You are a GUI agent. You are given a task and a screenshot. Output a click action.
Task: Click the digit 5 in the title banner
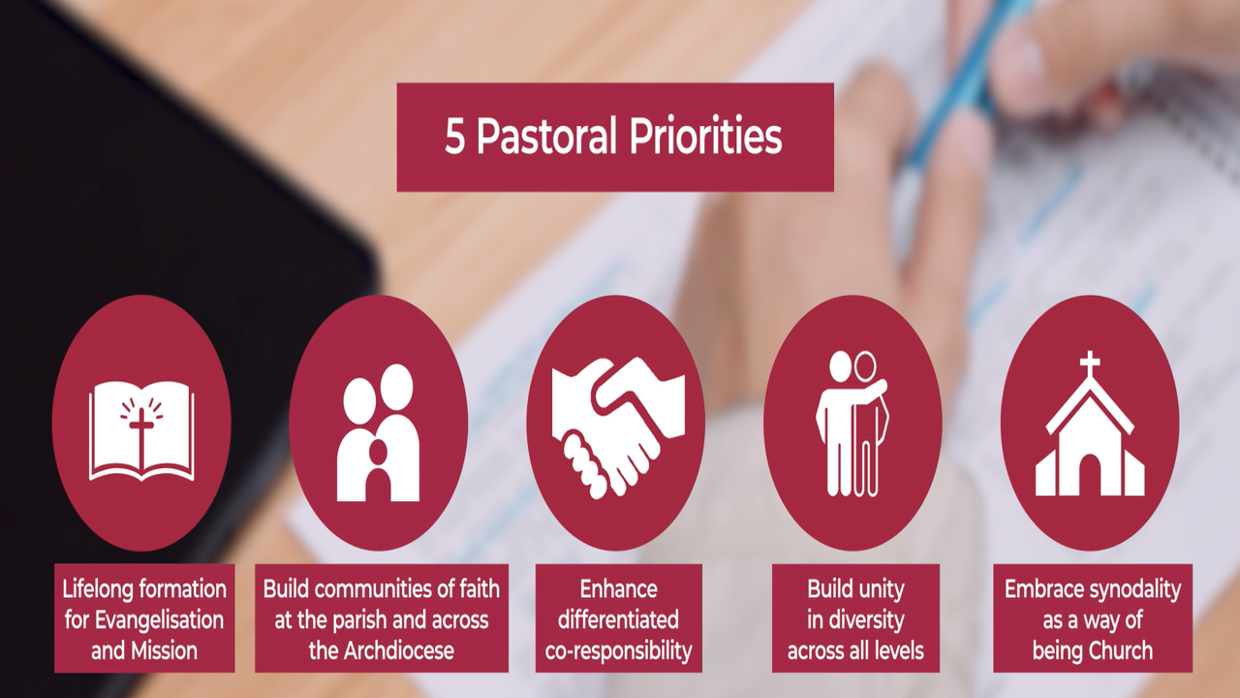454,139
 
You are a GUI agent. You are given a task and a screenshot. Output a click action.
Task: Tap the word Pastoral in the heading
546,137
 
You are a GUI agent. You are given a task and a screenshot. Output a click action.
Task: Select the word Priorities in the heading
704,137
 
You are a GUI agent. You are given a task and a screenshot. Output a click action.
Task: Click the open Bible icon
141,430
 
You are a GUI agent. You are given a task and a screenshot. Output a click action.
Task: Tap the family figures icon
379,432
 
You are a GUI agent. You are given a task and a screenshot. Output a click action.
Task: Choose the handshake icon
618,428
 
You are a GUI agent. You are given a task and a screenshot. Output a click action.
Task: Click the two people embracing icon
852,424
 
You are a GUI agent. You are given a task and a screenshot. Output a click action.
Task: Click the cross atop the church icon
1090,365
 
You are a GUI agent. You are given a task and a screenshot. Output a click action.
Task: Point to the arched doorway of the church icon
1090,475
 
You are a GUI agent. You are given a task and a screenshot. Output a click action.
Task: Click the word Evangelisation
160,620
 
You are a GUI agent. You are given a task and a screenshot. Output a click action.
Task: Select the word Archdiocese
398,650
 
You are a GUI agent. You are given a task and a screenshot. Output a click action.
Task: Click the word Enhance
618,589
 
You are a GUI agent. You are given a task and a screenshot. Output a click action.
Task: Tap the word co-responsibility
618,651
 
